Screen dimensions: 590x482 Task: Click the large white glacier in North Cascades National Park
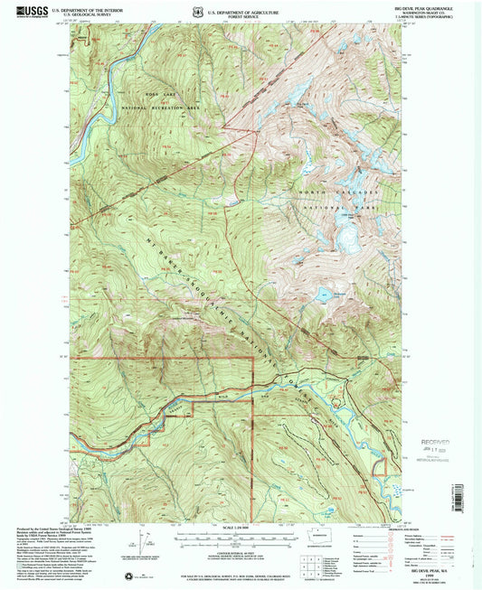point(347,233)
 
